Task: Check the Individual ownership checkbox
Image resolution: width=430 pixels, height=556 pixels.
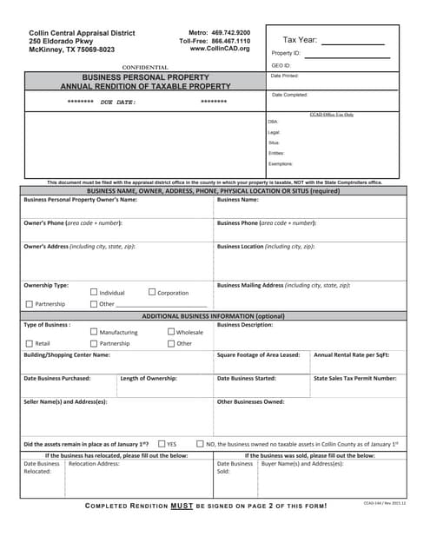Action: tap(95, 293)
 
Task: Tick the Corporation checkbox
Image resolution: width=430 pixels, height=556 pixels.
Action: tap(153, 293)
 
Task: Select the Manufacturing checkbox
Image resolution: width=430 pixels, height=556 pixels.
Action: tap(95, 332)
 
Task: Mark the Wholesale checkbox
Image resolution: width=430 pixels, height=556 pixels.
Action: tap(171, 332)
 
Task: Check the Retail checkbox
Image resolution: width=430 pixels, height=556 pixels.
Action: tap(29, 343)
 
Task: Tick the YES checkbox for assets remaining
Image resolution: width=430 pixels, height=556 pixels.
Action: tap(162, 443)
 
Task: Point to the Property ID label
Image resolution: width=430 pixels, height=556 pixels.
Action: tap(285, 54)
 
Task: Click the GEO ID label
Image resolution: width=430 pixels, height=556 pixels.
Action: tap(281, 65)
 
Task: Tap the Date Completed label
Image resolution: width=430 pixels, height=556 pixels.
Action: tap(289, 95)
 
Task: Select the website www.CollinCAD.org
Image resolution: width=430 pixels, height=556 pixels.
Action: tap(220, 49)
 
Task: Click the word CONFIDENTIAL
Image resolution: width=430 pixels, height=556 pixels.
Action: tap(145, 67)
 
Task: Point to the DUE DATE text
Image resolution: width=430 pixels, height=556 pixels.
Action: tap(118, 102)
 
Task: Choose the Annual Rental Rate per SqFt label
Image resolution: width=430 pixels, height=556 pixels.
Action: tap(351, 354)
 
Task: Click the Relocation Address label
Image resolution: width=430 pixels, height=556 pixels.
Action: tap(94, 464)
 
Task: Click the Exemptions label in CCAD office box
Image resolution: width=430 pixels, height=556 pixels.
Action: tap(281, 163)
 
